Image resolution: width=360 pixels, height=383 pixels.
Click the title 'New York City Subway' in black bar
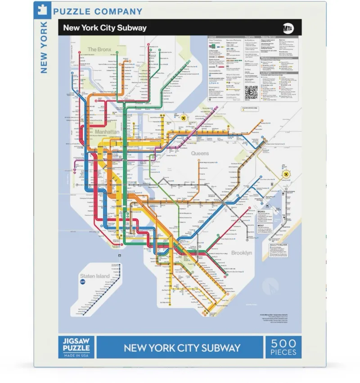point(104,27)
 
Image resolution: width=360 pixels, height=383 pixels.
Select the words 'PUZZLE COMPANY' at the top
point(98,12)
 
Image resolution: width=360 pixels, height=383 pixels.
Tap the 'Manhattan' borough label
point(107,132)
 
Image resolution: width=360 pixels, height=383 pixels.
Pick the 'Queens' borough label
point(200,153)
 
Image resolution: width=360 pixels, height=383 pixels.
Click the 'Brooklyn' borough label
point(242,253)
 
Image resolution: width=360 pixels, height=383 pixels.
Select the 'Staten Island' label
point(94,276)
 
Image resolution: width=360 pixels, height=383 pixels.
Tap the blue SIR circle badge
point(82,282)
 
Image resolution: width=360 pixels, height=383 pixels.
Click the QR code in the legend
point(251,93)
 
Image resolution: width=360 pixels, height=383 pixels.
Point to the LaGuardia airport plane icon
point(184,118)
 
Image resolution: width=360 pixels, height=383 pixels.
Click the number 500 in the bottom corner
point(283,343)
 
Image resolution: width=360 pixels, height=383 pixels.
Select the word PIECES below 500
point(283,352)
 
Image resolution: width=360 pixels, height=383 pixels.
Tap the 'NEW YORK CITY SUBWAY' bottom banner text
point(182,347)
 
